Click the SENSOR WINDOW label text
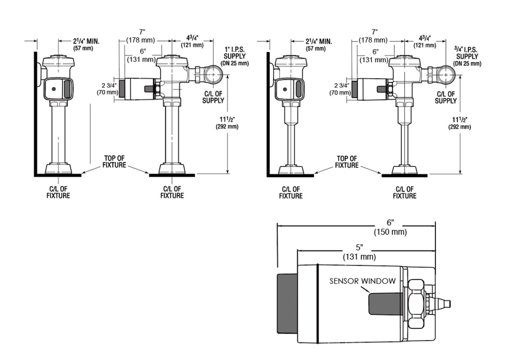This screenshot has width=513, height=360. [362, 281]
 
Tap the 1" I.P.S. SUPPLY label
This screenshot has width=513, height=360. [234, 56]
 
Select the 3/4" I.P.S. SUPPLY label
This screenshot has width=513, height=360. [467, 56]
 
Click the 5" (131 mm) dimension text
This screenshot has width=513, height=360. [359, 252]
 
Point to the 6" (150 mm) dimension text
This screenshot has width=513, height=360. [390, 227]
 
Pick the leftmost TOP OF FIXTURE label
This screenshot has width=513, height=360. [114, 162]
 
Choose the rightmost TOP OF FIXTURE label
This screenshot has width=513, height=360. [347, 162]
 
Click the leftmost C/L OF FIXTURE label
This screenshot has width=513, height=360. [58, 192]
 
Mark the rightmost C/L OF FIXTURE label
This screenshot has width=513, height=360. [405, 193]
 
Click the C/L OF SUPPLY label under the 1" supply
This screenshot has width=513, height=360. [213, 97]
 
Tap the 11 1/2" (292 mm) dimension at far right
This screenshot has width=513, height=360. [459, 123]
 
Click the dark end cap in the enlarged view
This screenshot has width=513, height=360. [287, 304]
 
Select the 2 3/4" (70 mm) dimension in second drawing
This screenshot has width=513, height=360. [108, 89]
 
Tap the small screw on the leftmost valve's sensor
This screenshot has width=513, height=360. [54, 89]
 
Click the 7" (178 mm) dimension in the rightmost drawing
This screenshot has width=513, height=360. [374, 36]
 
